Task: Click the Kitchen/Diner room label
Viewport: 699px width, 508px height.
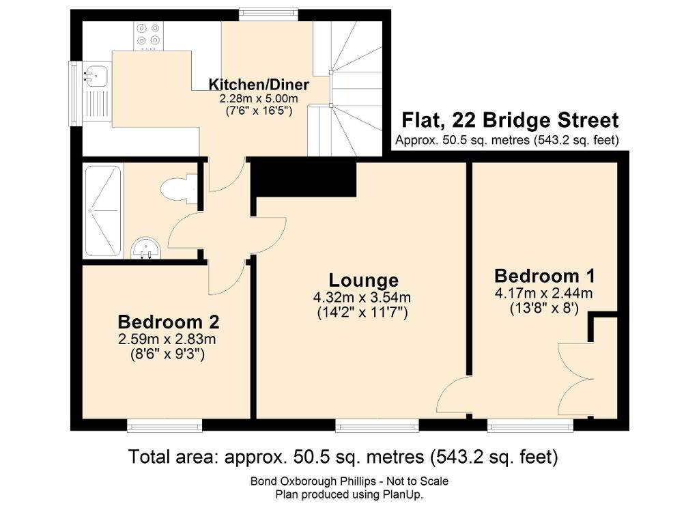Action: click(259, 84)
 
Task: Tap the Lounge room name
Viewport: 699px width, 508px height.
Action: click(364, 280)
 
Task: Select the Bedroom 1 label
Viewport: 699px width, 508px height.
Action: click(544, 276)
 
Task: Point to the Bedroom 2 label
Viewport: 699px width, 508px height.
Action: click(169, 322)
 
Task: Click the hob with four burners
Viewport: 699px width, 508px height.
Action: click(148, 35)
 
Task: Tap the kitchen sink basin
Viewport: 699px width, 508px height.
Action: click(96, 75)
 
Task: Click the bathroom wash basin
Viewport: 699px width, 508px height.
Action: click(145, 248)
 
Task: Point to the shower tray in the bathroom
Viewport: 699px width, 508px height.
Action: click(102, 210)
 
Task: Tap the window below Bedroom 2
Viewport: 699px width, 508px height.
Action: click(165, 425)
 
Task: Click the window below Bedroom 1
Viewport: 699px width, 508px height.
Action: click(530, 425)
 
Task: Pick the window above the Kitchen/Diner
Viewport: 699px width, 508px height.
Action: click(268, 15)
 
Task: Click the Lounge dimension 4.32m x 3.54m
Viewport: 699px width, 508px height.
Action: click(362, 297)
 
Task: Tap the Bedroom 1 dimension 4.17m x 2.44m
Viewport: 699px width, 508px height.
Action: click(544, 293)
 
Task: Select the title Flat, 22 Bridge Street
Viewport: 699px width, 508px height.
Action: click(510, 120)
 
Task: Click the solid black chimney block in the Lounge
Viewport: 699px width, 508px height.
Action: click(304, 179)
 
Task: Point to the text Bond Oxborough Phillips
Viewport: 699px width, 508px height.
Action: click(311, 481)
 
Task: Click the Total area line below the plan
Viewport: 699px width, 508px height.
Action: click(343, 457)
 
